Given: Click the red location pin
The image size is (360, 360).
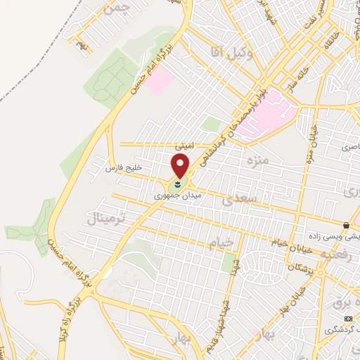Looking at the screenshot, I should coord(181,166).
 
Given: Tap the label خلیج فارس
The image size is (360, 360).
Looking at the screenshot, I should coord(124,169).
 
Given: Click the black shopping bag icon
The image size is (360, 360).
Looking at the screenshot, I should coord(346,225).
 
